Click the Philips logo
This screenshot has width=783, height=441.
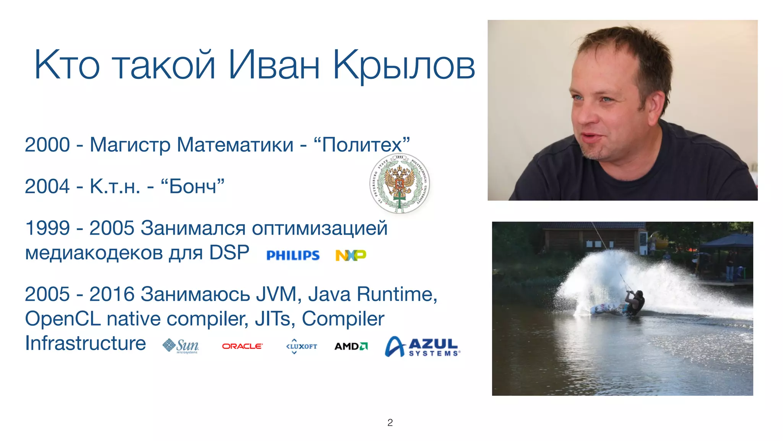point(293,255)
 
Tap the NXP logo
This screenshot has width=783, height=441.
point(351,255)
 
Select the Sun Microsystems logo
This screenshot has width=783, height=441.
point(181,346)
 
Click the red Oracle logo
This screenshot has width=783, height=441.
point(242,346)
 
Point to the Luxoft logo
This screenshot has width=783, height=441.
point(302,346)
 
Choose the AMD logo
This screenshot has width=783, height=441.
point(351,346)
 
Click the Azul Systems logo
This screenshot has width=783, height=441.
point(422,346)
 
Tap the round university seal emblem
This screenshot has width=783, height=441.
point(400,183)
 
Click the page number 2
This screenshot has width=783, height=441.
point(390,423)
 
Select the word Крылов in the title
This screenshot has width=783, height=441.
point(404,65)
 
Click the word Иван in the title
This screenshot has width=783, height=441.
point(274,65)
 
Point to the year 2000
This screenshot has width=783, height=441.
point(47,145)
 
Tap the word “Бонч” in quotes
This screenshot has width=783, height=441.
point(193,186)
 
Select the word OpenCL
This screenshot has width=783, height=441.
point(63,318)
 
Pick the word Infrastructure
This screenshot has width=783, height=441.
point(85,343)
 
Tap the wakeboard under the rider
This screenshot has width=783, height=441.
point(608,309)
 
